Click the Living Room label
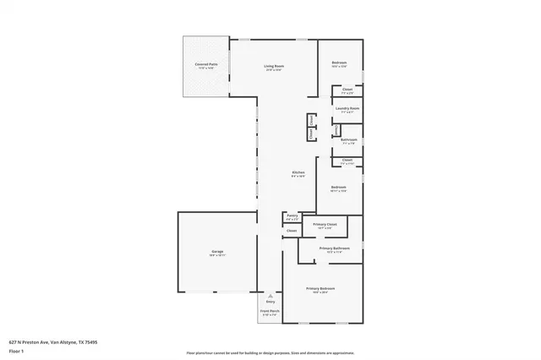click(272, 66)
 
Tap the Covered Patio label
click(206, 64)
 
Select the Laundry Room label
click(347, 108)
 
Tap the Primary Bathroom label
click(334, 248)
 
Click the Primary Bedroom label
click(321, 289)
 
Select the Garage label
click(205, 252)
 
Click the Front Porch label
click(269, 312)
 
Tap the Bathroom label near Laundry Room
click(348, 139)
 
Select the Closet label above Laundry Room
click(347, 89)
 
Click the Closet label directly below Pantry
click(291, 231)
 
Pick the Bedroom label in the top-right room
click(338, 63)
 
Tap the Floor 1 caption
click(17, 350)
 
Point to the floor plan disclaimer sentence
click(270, 352)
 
